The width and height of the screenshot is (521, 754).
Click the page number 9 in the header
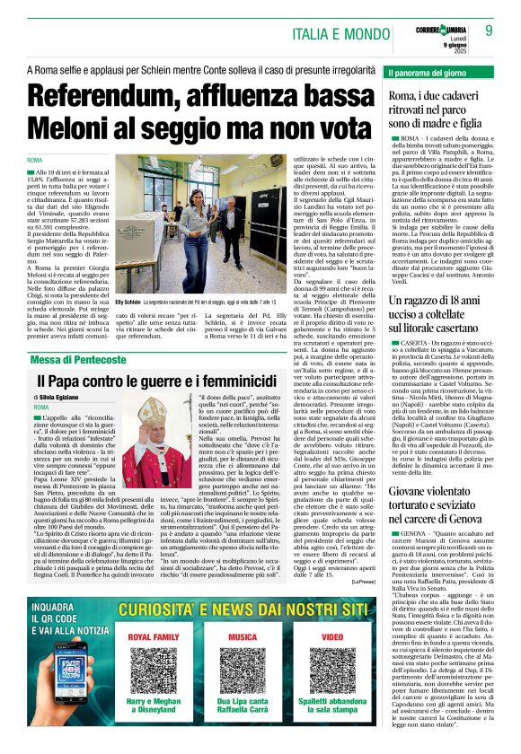tap(489, 30)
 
